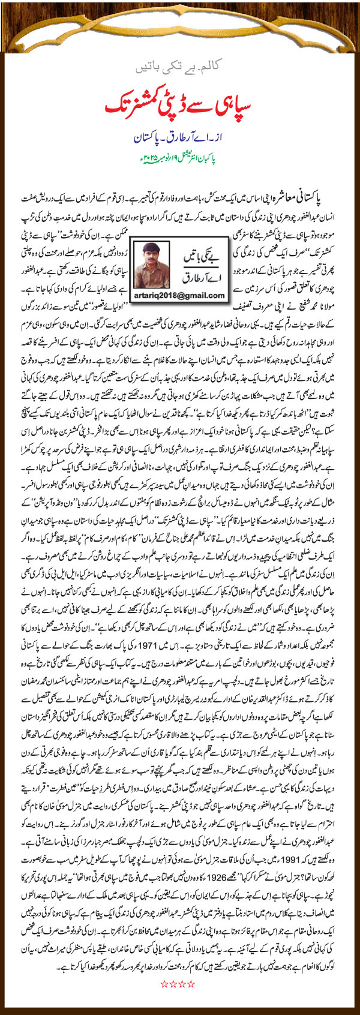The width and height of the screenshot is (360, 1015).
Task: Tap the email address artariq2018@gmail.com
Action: pyautogui.click(x=180, y=296)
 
